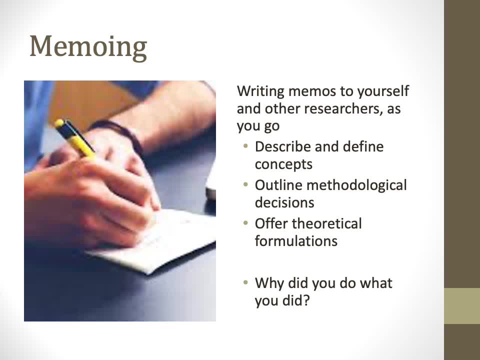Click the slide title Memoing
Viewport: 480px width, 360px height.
click(88, 46)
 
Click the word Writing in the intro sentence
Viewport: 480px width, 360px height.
click(261, 91)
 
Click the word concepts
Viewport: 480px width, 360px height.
click(283, 165)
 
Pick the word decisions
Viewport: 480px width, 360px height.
click(284, 202)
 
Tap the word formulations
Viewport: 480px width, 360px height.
click(296, 241)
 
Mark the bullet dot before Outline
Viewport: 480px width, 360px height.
click(245, 184)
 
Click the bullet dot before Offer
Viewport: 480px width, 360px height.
click(245, 223)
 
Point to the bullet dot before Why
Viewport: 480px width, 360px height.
click(245, 282)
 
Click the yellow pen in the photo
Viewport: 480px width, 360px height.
click(74, 138)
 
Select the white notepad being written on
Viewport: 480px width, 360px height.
click(153, 242)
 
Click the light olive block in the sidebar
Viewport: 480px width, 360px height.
click(462, 306)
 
